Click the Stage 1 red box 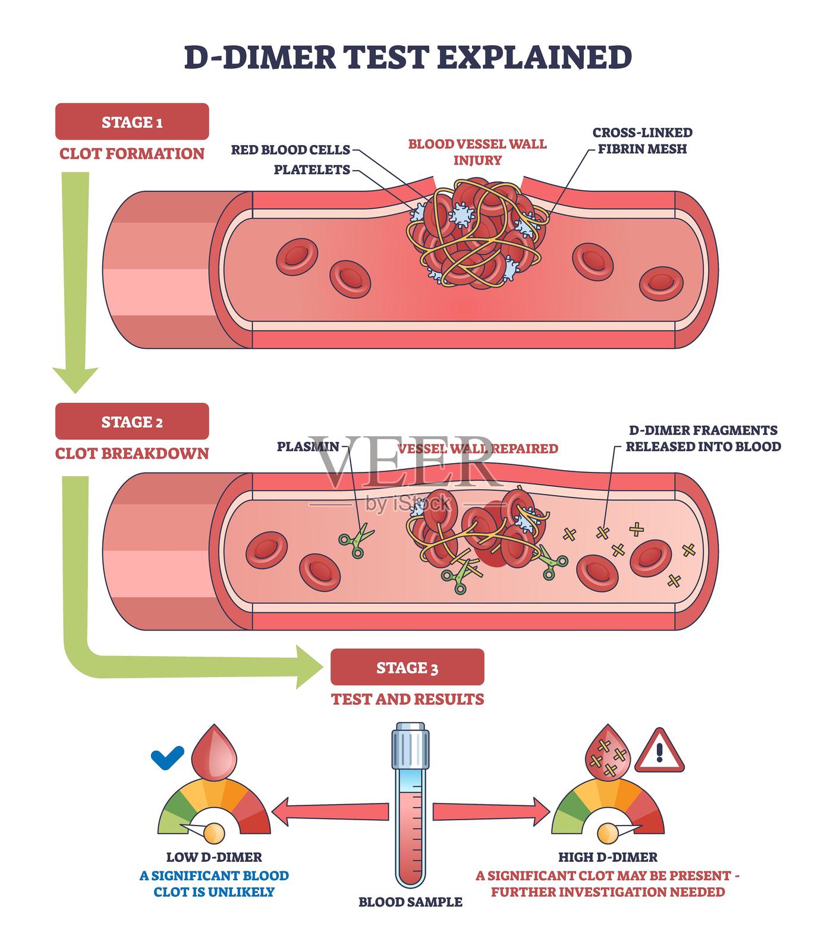132,122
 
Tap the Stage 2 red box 132,421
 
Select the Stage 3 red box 407,667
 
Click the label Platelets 311,170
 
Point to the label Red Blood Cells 290,150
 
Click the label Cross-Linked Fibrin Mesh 642,140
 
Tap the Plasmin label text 308,446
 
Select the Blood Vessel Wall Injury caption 477,152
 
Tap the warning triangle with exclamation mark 659,752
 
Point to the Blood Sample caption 410,902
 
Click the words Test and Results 407,698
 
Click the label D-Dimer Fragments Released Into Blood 703,438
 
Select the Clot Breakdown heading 132,454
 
